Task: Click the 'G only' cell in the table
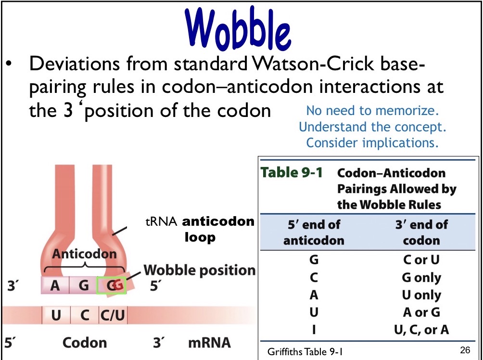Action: (421, 278)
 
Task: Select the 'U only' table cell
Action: (421, 295)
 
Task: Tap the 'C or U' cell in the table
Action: (421, 260)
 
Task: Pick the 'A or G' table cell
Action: (421, 312)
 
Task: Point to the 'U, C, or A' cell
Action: (421, 330)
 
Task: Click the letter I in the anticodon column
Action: (314, 330)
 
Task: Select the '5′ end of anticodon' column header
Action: (314, 232)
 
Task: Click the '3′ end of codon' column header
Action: (421, 232)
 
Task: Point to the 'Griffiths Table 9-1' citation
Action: (305, 352)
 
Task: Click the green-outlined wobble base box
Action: (112, 285)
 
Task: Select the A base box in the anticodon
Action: (55, 286)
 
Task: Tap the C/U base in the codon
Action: (113, 316)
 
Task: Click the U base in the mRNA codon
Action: (56, 316)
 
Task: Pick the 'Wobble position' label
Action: (199, 270)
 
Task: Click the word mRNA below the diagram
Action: (209, 343)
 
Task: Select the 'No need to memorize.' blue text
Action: (373, 111)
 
